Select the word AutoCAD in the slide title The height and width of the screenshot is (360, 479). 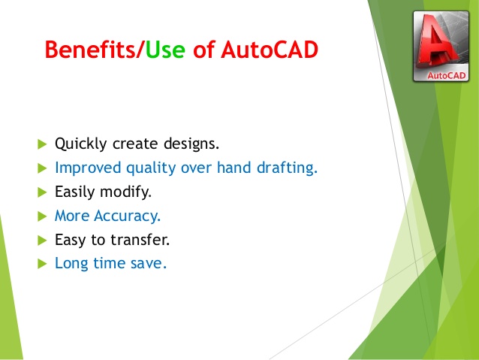(268, 50)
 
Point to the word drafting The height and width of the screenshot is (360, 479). (286, 168)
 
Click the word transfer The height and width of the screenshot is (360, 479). (143, 241)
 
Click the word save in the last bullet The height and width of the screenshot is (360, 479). (150, 265)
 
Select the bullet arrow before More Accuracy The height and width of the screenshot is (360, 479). (41, 216)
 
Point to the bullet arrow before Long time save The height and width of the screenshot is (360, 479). (41, 265)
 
